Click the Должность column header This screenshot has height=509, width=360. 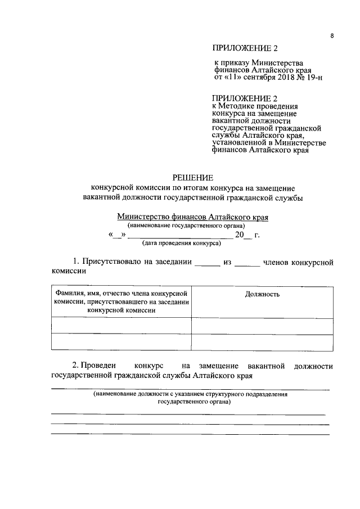point(262,295)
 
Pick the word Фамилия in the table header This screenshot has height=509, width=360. point(68,294)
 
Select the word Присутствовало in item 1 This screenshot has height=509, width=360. point(110,262)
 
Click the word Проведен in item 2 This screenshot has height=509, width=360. point(97,366)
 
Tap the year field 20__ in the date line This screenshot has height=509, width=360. point(243,235)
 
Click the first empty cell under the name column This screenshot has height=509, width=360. point(120,325)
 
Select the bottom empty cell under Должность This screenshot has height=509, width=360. point(262,342)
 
